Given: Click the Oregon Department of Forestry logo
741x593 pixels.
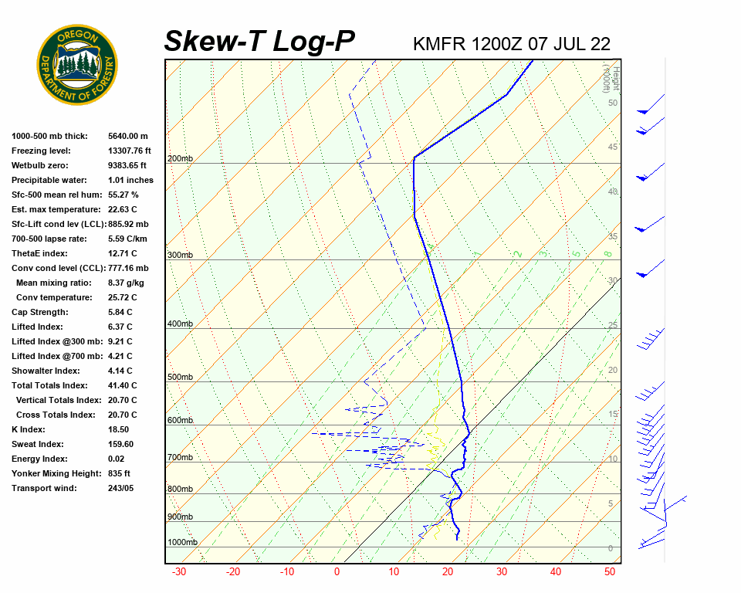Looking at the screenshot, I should coord(77,65).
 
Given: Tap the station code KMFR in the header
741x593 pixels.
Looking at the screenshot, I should coord(439,43).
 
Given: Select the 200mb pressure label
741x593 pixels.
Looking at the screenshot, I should coord(180,159).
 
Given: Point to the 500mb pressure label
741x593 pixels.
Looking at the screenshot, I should coord(180,378).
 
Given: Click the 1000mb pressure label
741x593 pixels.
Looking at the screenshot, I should coord(182,543).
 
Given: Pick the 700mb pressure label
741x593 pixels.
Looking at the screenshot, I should coord(180,458).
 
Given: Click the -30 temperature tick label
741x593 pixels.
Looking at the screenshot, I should coord(179,572).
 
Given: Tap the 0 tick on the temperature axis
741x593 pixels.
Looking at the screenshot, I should coord(337,572).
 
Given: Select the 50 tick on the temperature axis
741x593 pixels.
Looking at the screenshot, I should coord(610,572).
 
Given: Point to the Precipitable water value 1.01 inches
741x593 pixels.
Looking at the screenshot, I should coord(130,180).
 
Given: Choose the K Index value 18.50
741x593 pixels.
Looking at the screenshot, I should coord(119,429).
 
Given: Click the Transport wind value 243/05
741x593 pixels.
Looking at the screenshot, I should coord(121,488).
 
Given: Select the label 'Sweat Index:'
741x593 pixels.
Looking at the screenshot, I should coord(38,444).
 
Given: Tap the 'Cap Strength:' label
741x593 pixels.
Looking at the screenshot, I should coord(39,312).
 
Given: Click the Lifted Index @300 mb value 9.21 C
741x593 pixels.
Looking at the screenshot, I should coord(120,341).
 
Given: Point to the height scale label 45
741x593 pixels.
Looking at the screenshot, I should coord(613,147).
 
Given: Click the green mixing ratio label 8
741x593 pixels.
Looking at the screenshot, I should coord(607,253).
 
